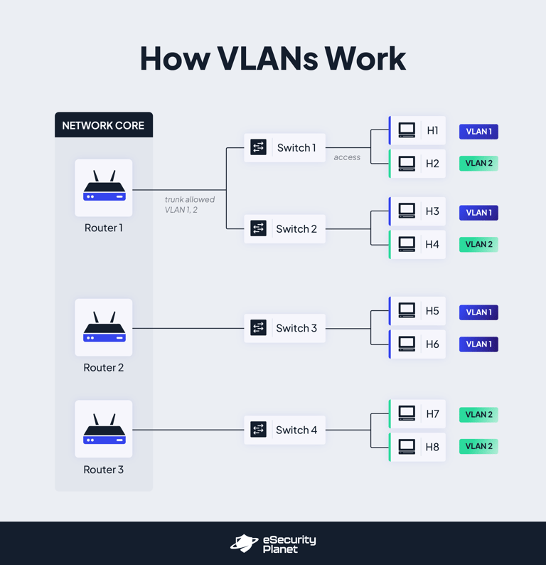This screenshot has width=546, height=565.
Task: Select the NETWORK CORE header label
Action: click(x=103, y=125)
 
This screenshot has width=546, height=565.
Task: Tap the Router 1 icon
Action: click(x=104, y=187)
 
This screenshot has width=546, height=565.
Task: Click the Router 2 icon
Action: click(x=104, y=327)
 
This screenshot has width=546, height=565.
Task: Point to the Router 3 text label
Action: click(x=104, y=470)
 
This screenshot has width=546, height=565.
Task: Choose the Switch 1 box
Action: click(x=284, y=148)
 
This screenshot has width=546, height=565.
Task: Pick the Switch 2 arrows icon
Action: click(x=259, y=228)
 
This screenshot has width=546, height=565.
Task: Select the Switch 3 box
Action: click(x=284, y=328)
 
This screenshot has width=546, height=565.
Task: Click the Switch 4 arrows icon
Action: click(x=259, y=430)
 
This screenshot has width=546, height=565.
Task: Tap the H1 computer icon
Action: click(x=407, y=130)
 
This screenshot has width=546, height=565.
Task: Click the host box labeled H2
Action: click(x=417, y=163)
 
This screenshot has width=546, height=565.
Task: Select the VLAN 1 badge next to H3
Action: click(x=478, y=212)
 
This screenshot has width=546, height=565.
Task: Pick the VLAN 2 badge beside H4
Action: click(x=478, y=244)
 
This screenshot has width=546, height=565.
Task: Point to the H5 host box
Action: click(x=417, y=311)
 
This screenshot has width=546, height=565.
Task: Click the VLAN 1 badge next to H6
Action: click(x=478, y=344)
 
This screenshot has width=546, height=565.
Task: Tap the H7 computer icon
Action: click(x=407, y=413)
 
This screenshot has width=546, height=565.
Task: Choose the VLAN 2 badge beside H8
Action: click(x=478, y=446)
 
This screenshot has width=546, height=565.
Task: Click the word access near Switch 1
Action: click(x=347, y=157)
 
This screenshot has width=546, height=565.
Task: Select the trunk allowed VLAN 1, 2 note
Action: click(x=189, y=205)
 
